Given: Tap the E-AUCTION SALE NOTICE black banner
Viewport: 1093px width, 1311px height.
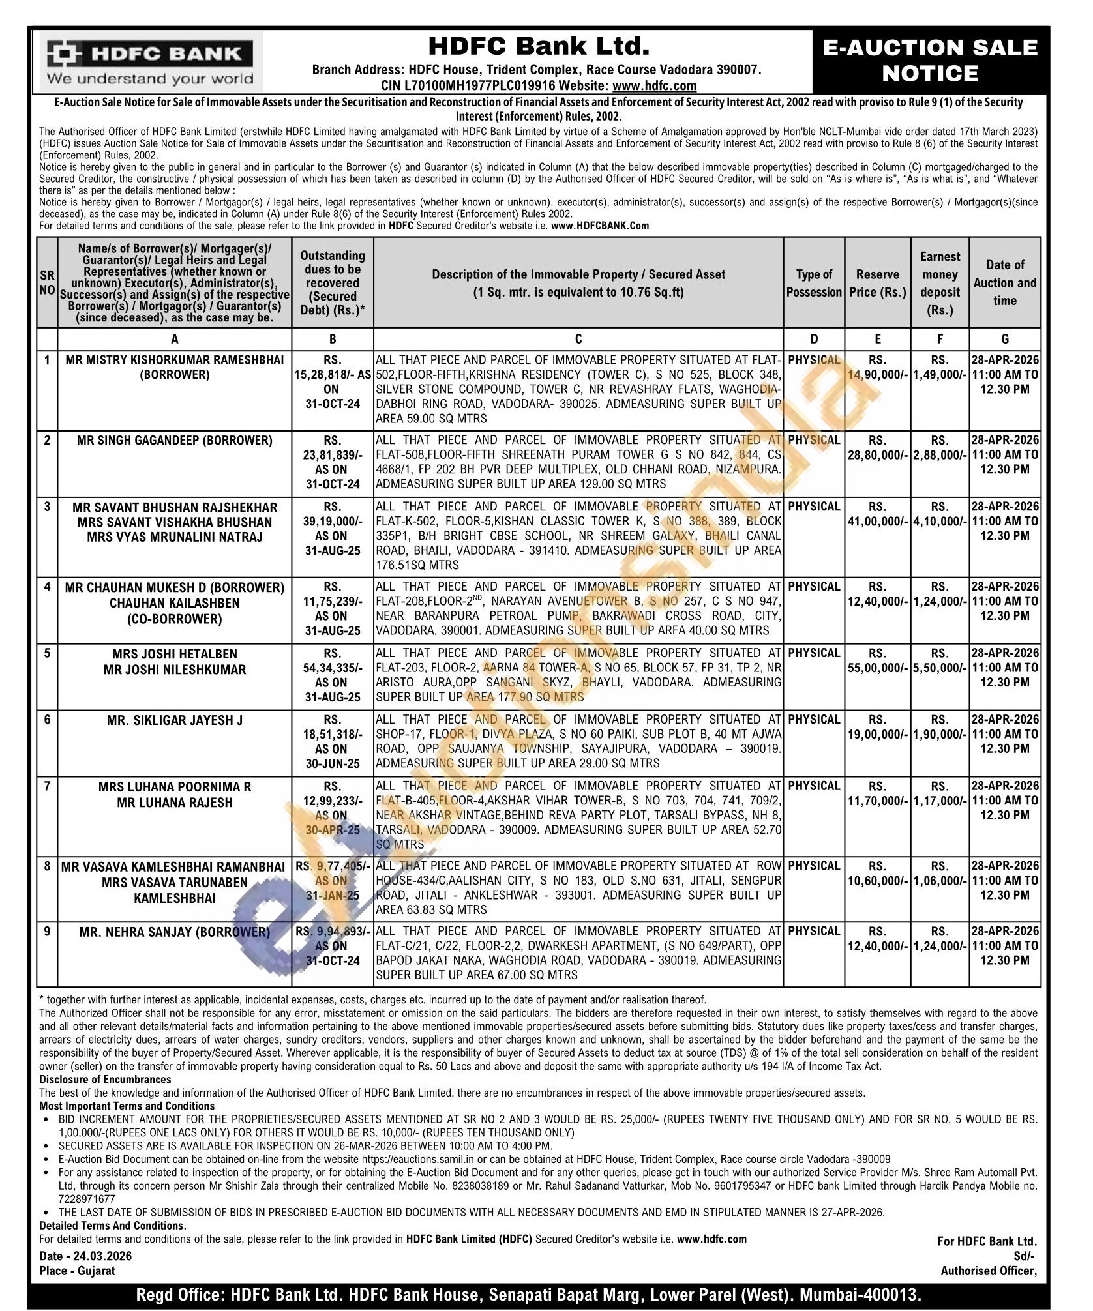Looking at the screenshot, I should coord(930,61).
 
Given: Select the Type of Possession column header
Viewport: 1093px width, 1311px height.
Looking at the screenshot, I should coord(814,283).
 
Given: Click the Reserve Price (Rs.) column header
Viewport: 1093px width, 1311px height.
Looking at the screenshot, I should coord(877,283).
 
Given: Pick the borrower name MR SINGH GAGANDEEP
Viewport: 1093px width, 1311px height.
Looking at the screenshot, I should coord(174,440).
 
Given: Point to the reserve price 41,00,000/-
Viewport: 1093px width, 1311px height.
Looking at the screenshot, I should coord(878,521).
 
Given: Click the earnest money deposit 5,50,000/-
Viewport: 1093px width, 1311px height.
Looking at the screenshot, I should coord(940,668).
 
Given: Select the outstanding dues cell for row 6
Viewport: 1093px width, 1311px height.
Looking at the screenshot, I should coord(332,741).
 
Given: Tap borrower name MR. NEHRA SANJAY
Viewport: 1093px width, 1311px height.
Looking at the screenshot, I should coord(174,932).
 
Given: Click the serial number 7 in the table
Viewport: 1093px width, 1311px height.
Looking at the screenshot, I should coord(47,786).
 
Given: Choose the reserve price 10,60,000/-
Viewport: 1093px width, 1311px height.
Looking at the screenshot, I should coord(878,881).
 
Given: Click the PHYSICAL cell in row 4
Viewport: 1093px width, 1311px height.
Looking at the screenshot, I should coord(814,587).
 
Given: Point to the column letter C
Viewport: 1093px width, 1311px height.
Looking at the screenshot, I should coord(578,338).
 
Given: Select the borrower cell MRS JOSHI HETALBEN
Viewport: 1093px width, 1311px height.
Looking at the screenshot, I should coord(174,654).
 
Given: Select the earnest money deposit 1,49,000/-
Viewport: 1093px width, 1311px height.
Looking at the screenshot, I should coord(940,375).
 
